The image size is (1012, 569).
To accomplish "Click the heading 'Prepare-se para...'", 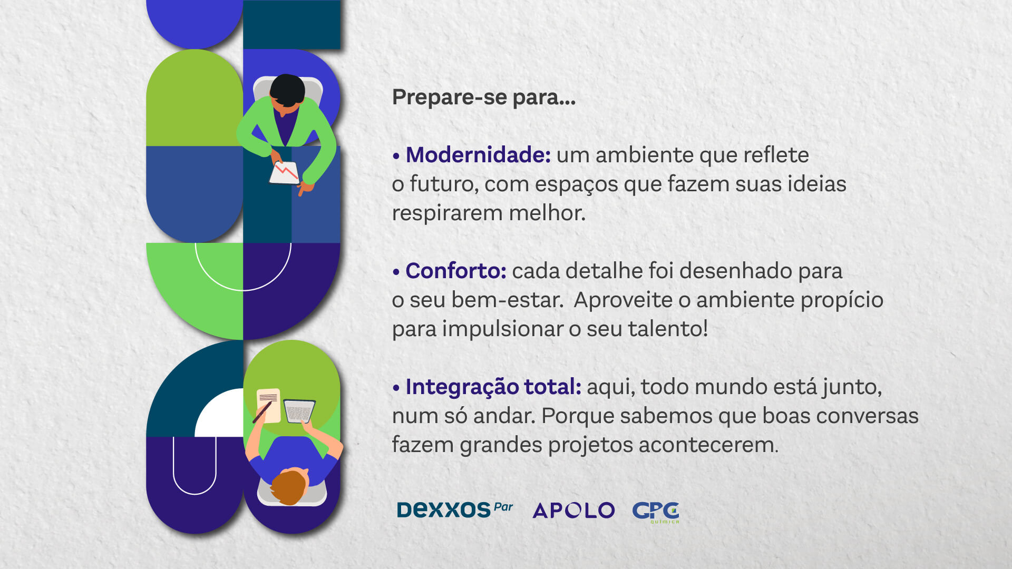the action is tap(483, 98).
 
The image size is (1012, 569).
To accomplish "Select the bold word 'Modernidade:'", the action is tap(478, 155).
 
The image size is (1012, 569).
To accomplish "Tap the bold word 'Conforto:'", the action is tap(456, 271).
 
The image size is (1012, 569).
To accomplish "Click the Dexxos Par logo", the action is tap(455, 509).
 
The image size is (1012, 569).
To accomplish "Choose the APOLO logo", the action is tap(573, 510).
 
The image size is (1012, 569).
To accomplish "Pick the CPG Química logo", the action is tap(656, 512).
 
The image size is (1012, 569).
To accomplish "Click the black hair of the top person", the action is tap(287, 90).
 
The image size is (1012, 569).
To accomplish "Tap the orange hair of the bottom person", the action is tap(288, 486).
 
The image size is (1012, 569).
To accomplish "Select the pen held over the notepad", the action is tap(262, 413).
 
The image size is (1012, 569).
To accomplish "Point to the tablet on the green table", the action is tap(299, 410).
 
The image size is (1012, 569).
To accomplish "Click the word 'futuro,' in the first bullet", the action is tap(444, 184).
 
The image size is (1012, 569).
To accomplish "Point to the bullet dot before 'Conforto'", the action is tap(396, 272).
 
